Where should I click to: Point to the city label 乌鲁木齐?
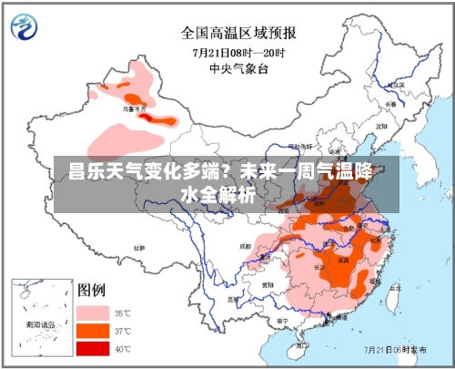[x=134, y=108]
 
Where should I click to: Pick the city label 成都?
[x=243, y=246]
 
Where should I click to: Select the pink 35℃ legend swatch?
[x=94, y=312]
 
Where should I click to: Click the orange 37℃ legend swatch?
[x=94, y=330]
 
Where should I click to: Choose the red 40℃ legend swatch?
[x=94, y=348]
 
